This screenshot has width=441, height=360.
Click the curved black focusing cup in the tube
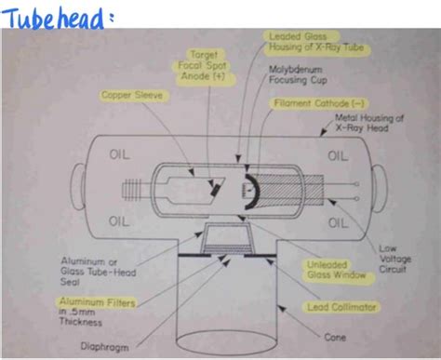pos(246,190)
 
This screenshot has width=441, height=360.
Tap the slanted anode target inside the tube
pos(216,184)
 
